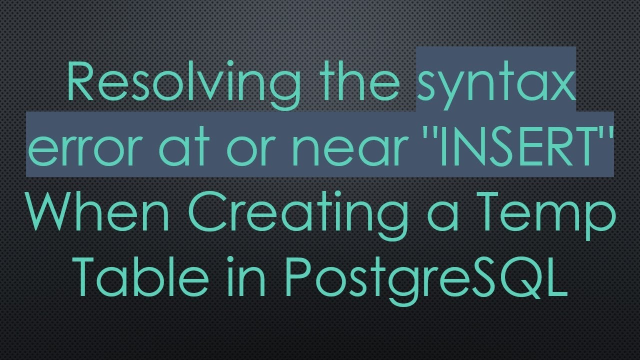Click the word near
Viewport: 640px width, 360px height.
(x=348, y=148)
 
